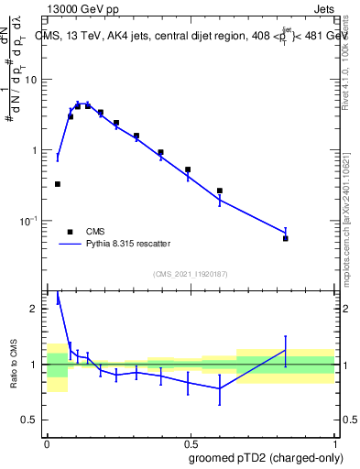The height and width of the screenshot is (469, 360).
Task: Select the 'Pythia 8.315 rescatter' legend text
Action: click(127, 244)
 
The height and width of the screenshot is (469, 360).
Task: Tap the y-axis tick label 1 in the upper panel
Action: click(37, 150)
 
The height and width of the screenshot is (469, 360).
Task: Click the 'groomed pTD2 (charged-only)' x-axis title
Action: click(267, 457)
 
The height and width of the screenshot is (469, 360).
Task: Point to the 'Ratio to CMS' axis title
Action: click(14, 365)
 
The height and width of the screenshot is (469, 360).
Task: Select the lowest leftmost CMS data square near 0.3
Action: click(58, 184)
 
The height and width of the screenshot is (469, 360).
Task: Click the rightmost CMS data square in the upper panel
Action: click(286, 238)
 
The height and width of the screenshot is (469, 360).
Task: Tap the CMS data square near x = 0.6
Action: click(220, 191)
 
